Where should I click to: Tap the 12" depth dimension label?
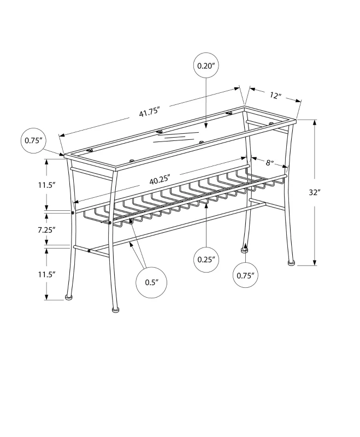[275, 96]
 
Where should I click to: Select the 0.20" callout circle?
[205, 66]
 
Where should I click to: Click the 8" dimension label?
[269, 162]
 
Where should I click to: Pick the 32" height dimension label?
[329, 192]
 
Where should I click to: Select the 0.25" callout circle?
[206, 259]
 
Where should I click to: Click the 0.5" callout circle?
[151, 282]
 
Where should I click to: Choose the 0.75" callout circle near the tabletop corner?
[34, 140]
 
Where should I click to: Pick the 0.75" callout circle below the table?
[244, 275]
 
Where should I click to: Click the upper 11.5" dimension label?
[48, 185]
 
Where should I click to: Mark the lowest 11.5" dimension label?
[48, 274]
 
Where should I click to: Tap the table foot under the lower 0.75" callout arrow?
[244, 251]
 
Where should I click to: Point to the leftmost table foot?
[68, 297]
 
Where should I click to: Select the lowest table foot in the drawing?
[115, 310]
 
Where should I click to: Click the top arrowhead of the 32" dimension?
[315, 122]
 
